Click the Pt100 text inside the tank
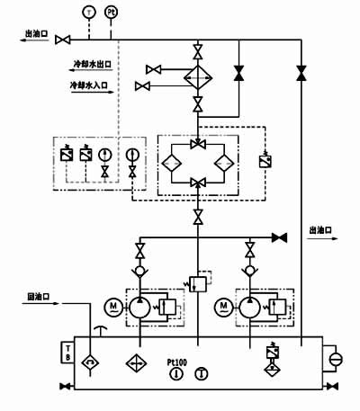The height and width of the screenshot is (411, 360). [178, 362]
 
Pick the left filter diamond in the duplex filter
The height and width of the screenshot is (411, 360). [171, 164]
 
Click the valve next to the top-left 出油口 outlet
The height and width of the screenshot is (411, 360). [63, 40]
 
